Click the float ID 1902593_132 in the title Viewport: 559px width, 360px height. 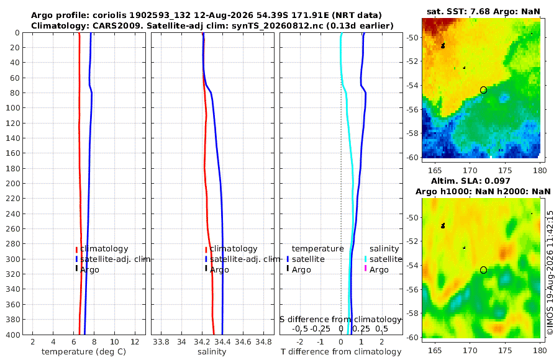[160, 16]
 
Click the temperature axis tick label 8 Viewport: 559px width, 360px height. [94, 341]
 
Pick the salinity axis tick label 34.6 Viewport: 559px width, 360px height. [243, 341]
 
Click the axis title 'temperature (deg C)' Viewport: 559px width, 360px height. [84, 352]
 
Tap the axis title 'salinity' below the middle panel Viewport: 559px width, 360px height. [212, 352]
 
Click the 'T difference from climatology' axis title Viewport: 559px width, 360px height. [341, 352]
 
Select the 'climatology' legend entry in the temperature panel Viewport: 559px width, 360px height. [104, 249]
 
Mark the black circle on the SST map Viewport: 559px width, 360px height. [483, 90]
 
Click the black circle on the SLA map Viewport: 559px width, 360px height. [483, 270]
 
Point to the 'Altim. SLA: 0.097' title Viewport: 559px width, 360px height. [471, 181]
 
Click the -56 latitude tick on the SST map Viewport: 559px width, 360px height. [412, 109]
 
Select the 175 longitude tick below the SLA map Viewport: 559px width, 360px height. [505, 350]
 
